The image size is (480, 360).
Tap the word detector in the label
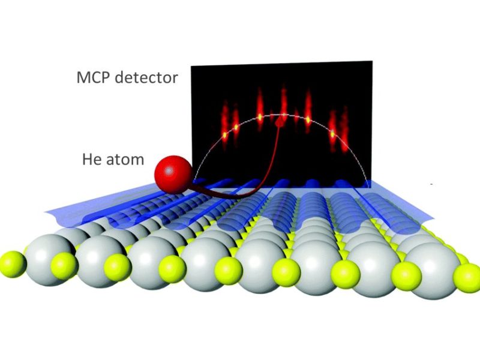click(x=146, y=78)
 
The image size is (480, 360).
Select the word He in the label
click(x=91, y=160)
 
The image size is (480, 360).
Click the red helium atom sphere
click(x=173, y=176)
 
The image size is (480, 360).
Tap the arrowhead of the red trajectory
click(x=280, y=123)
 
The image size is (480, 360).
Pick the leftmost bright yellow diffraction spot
click(x=224, y=134)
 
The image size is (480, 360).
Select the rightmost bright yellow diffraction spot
click(x=333, y=134)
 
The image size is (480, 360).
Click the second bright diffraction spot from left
click(x=236, y=127)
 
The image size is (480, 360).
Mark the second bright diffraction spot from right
click(x=308, y=119)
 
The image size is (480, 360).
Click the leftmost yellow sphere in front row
click(x=12, y=264)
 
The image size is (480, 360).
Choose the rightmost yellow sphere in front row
click(x=467, y=278)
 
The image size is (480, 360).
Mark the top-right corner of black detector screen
click(x=372, y=61)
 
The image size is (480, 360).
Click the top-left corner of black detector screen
click(x=191, y=66)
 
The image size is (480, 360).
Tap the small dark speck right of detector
click(x=431, y=184)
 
